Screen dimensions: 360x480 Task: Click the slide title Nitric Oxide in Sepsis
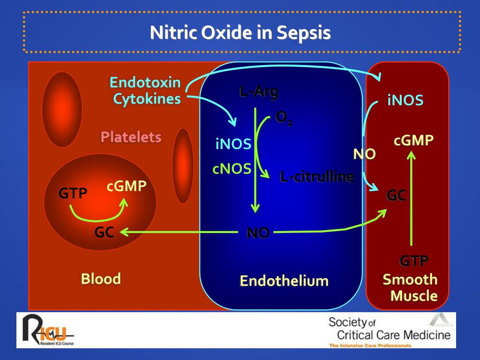coord(240,33)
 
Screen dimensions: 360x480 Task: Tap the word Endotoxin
coord(145,83)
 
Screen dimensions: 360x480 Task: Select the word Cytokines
coord(147,99)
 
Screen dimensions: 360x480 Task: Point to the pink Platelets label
coord(131,137)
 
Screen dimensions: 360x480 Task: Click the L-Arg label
coord(258,92)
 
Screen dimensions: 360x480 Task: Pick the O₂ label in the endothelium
coord(284,118)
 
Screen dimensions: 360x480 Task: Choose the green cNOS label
coord(232,169)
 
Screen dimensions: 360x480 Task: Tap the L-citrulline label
coord(316,177)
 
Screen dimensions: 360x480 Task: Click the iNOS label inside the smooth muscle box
coord(405,100)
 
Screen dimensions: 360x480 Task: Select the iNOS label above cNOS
coord(233,144)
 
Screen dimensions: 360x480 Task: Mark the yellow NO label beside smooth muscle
coord(364,154)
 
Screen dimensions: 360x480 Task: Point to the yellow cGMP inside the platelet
coord(127,186)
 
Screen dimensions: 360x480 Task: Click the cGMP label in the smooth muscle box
coord(413,140)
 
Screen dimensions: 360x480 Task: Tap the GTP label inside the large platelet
coord(73,193)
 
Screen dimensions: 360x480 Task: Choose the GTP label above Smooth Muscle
coord(413,261)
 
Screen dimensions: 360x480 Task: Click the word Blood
coord(101,279)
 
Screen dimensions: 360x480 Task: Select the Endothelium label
coord(284,281)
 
